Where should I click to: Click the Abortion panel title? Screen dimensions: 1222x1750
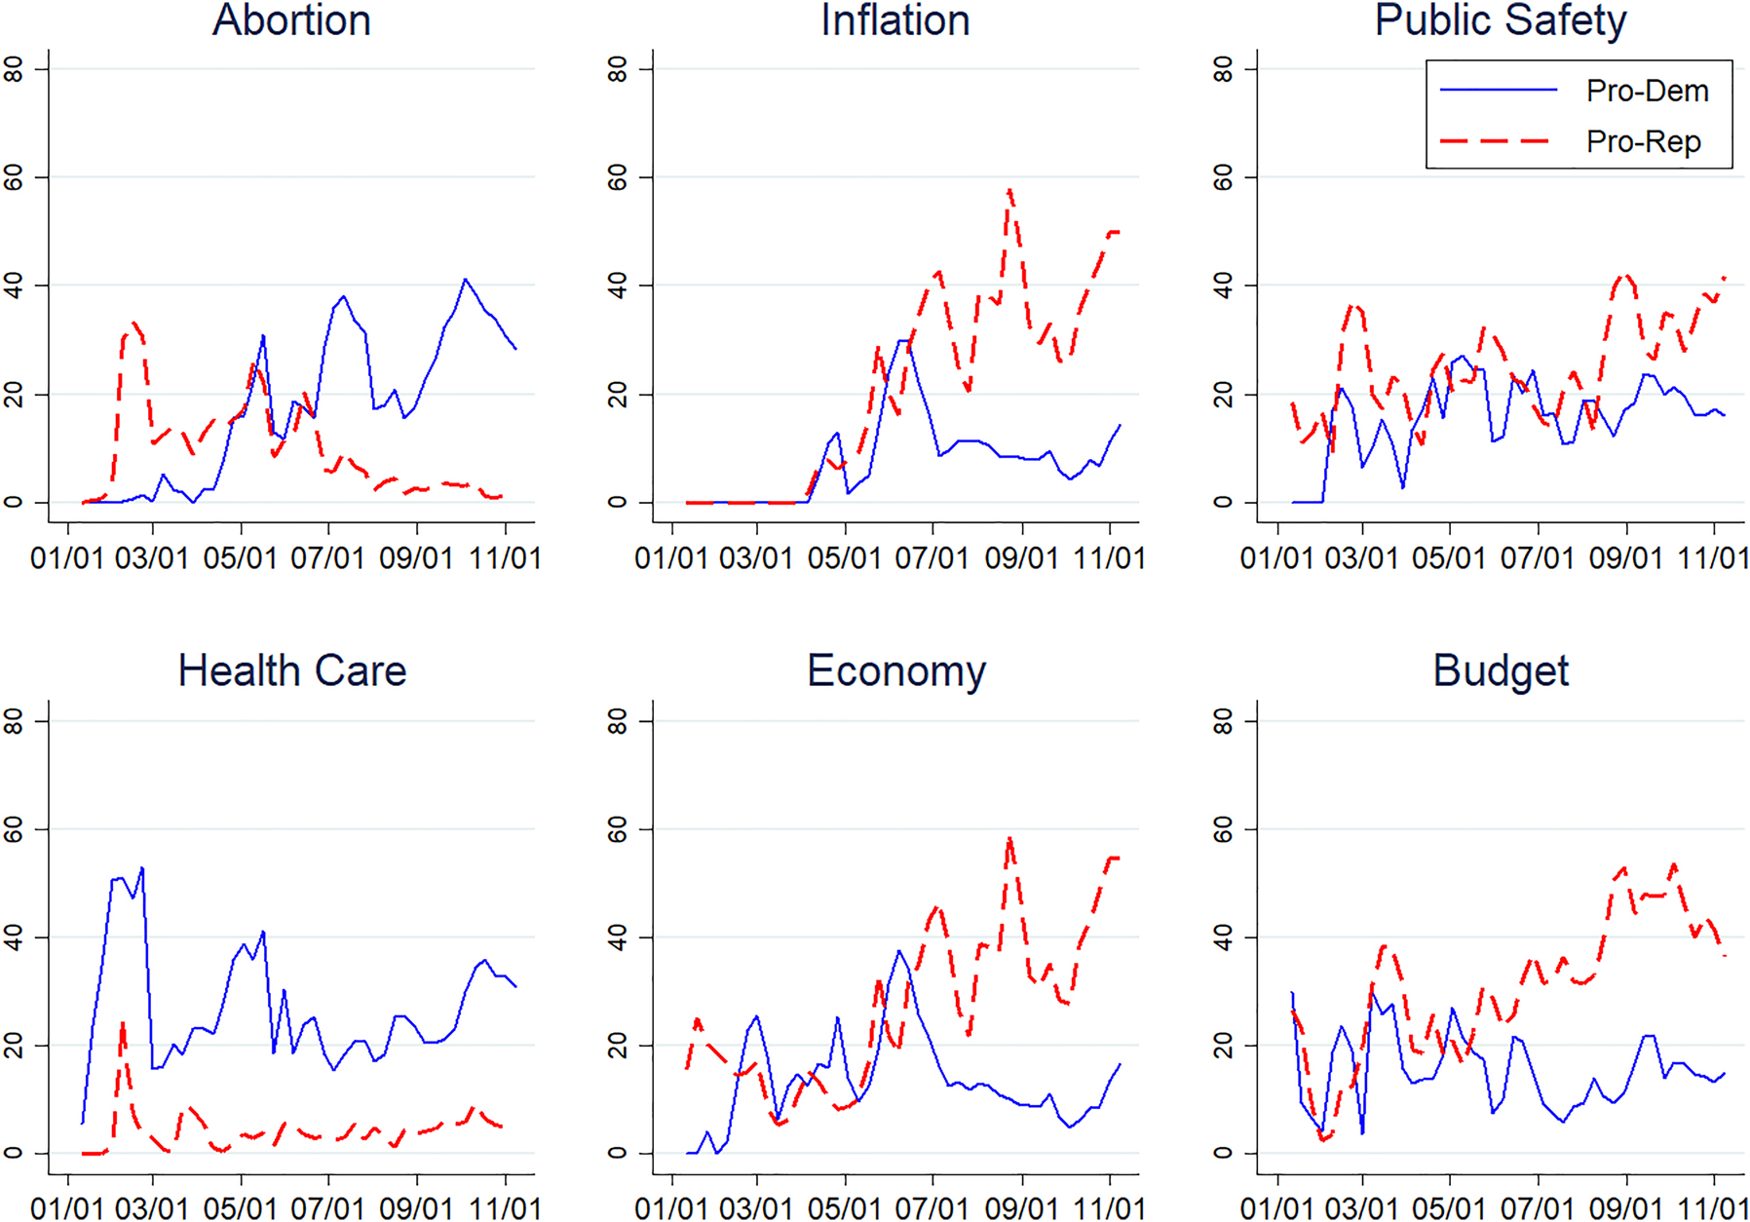(291, 20)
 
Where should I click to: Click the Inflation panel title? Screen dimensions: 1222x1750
(894, 20)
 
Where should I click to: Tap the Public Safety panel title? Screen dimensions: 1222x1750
(1500, 20)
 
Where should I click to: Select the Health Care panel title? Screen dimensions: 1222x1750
(291, 670)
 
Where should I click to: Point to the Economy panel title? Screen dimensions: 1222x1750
(896, 670)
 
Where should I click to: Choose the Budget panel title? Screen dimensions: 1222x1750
(1501, 670)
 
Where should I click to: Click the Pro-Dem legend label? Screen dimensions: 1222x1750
(1647, 91)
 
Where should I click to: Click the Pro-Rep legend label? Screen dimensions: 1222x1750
(1643, 141)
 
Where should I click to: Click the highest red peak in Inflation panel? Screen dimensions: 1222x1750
(1009, 190)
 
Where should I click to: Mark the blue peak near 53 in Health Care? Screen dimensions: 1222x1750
(142, 867)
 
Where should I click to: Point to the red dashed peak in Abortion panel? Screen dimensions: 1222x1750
(133, 323)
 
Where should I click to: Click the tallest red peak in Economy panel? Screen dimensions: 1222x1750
(1009, 838)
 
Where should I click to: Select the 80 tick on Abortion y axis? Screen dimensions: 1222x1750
(14, 69)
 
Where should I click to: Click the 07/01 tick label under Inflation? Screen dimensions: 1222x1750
(932, 558)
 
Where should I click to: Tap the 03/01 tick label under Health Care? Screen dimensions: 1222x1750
(152, 1208)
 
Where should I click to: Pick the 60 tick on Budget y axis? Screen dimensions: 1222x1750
(1223, 829)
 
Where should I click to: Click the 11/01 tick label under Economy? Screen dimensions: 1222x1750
(1109, 1208)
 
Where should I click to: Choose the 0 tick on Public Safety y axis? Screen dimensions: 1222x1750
(1223, 502)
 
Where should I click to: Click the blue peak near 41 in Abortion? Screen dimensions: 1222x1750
(465, 280)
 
